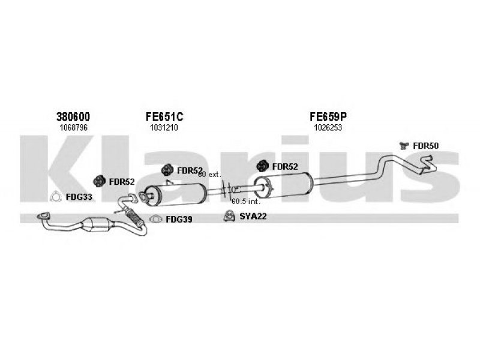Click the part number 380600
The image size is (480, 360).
tap(73, 116)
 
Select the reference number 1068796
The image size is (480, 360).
tap(73, 127)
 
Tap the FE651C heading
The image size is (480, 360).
tap(164, 116)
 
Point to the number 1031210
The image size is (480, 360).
tap(164, 127)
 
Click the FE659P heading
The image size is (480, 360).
tap(328, 116)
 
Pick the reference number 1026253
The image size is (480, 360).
tap(328, 127)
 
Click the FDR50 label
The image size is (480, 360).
tap(425, 146)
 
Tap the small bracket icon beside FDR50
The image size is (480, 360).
tap(404, 146)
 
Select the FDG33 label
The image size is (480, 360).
tap(79, 197)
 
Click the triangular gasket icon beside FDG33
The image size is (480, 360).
tap(55, 197)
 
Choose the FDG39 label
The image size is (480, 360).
tap(179, 219)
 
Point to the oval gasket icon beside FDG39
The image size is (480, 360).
tap(156, 219)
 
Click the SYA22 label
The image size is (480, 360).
tap(253, 217)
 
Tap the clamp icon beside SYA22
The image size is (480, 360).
tap(229, 216)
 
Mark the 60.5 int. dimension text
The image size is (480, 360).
tap(246, 202)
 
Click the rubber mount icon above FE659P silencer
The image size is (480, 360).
tap(263, 166)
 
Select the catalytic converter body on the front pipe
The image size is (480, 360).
tap(97, 225)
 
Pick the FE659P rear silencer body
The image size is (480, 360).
tap(283, 185)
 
